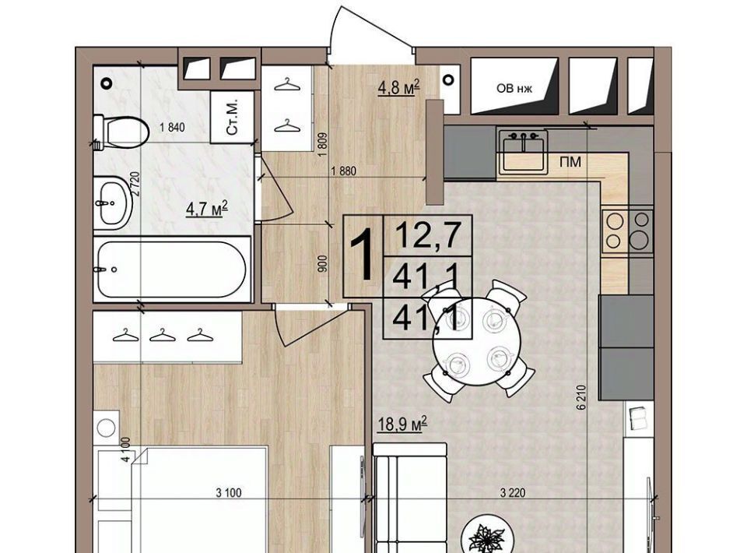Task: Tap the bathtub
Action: [x=172, y=269]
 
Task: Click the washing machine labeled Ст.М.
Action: [x=232, y=117]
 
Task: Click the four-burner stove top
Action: [x=627, y=231]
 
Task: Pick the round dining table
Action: [x=477, y=339]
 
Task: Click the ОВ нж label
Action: [x=514, y=89]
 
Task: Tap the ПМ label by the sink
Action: [x=570, y=162]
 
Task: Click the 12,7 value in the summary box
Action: [x=428, y=235]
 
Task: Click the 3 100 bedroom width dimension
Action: [x=229, y=492]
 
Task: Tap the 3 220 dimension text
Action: [x=513, y=492]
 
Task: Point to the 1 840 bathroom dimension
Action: [x=173, y=127]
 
